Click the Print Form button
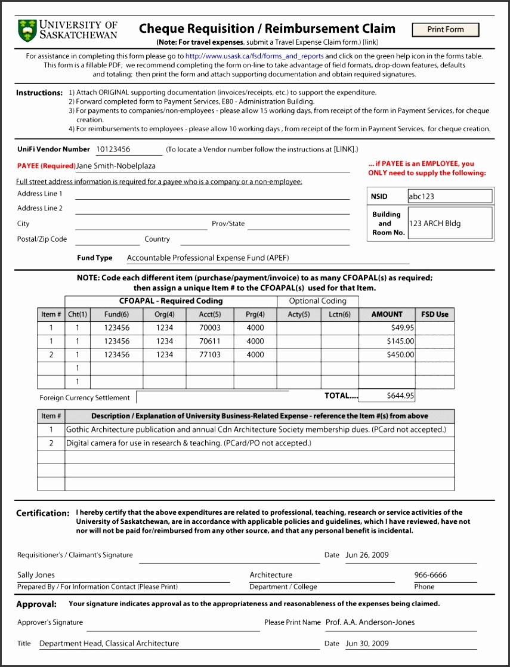tap(445, 30)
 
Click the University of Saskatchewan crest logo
tap(27, 30)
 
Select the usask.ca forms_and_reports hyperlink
tap(254, 56)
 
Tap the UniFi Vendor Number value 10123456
tap(113, 149)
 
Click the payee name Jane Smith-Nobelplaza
tap(116, 166)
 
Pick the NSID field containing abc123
tap(450, 196)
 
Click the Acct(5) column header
tap(210, 314)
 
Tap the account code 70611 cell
tap(210, 341)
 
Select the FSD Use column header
tap(435, 314)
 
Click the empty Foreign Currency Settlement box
tap(212, 397)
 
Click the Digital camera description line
tap(188, 443)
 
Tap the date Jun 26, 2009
tap(367, 555)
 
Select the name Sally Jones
tap(36, 575)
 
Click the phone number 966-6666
tap(430, 575)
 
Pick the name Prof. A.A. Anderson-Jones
tap(370, 622)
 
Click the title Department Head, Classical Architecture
tap(109, 644)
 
